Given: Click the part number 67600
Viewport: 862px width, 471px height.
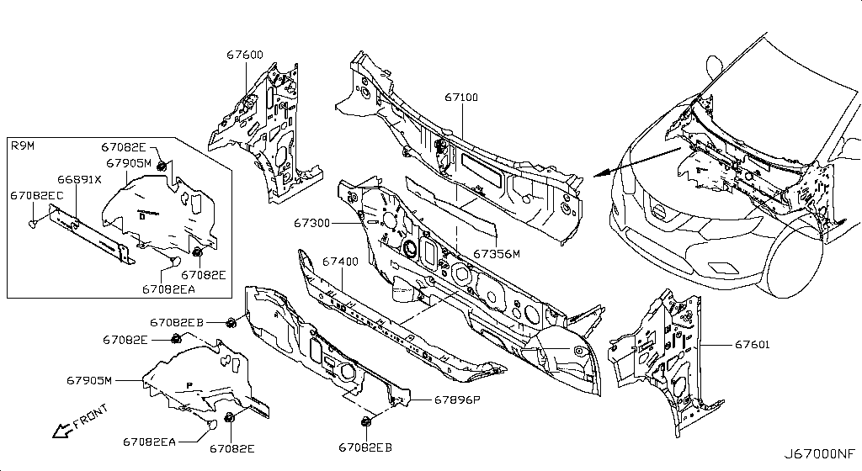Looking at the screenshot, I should click(244, 56).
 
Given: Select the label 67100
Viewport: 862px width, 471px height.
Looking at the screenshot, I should click(461, 98).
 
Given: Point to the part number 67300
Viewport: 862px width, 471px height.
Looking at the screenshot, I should click(312, 224).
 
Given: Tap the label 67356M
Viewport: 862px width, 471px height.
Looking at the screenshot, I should click(496, 253).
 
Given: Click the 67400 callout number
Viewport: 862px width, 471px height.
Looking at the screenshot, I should click(340, 262).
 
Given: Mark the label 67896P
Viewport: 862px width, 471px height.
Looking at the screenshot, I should click(457, 400).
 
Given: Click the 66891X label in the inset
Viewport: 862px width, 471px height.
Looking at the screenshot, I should click(79, 179).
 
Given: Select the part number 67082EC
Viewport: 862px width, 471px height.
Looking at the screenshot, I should click(37, 195).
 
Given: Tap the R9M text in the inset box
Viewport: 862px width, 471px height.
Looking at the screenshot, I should click(23, 147).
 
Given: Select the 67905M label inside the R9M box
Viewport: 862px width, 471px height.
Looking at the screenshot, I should click(128, 162).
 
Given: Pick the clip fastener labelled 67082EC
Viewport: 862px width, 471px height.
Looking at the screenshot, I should click(32, 224).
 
